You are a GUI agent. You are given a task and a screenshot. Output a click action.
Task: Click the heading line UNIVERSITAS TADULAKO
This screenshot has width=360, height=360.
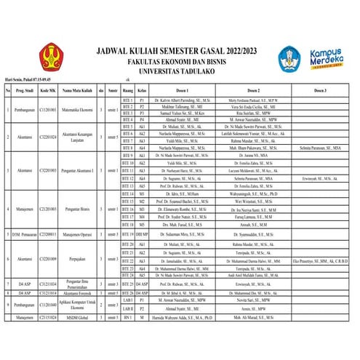185,71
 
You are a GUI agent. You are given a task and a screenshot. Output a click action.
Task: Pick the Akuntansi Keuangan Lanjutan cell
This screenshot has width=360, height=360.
77,136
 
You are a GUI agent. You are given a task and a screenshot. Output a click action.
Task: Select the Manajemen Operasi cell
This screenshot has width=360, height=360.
77,235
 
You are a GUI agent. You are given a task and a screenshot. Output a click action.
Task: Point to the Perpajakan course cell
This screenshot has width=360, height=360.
77,258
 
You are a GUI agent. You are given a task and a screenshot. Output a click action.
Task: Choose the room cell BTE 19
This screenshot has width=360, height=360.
127,235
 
